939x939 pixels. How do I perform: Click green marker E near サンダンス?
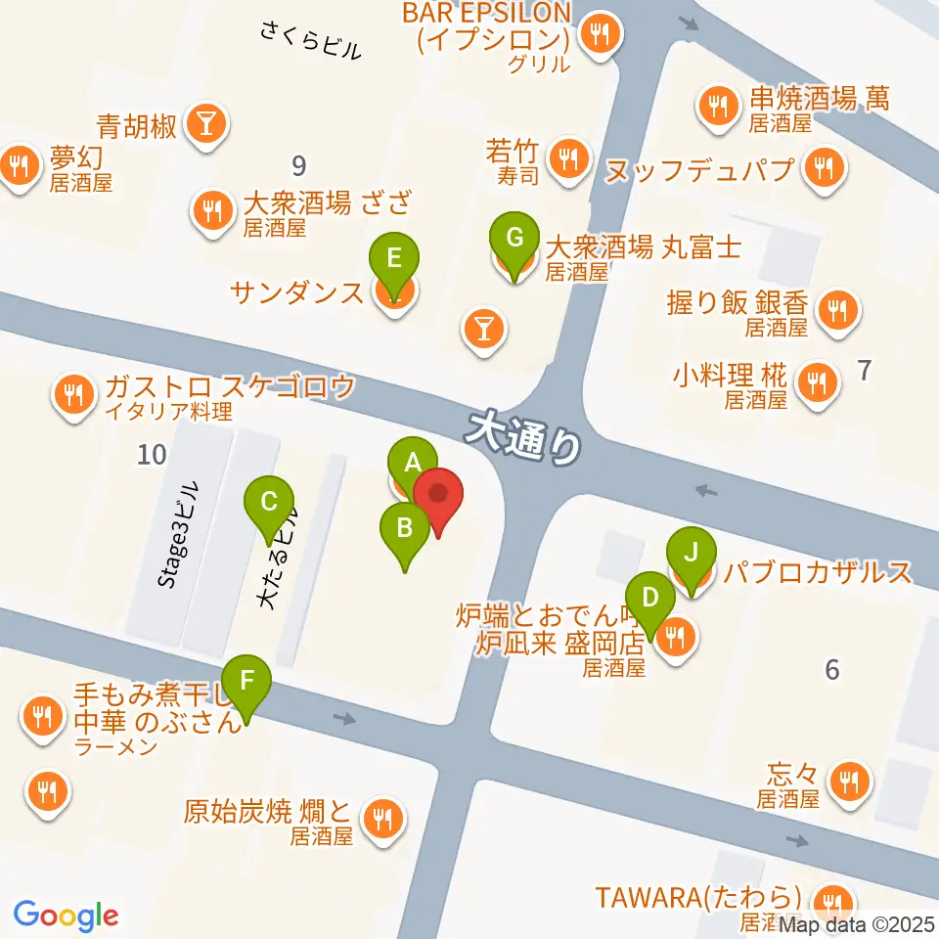pos(394,259)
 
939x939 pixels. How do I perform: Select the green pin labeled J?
pos(691,553)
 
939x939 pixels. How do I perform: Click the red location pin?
pos(437,495)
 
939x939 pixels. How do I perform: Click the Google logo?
pos(66,915)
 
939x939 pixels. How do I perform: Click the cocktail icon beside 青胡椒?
pos(207,122)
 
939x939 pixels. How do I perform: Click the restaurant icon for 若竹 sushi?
pos(566,156)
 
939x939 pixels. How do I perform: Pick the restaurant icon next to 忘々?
pos(846,780)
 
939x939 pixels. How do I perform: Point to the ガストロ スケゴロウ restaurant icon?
pos(72,394)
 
